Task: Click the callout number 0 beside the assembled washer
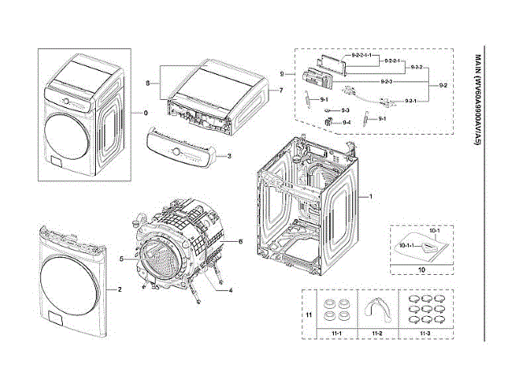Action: tap(146, 112)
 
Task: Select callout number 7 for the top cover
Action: tap(281, 89)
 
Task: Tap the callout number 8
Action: tap(148, 83)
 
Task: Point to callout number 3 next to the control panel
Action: tap(231, 156)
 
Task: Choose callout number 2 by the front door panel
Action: tap(120, 289)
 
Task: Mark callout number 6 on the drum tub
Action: tap(240, 241)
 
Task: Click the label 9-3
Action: tap(345, 109)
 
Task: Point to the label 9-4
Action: tap(346, 122)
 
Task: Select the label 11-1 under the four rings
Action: tap(331, 332)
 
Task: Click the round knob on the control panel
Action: tap(174, 151)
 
